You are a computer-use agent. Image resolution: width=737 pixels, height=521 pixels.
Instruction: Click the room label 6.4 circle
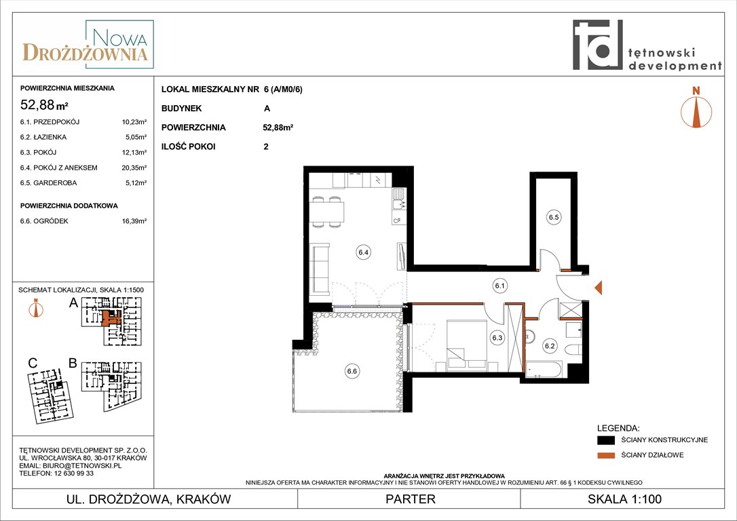(363, 252)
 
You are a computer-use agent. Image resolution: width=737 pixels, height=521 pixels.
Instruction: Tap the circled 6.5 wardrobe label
(554, 217)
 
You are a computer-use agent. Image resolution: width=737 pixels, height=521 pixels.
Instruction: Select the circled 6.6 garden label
(352, 371)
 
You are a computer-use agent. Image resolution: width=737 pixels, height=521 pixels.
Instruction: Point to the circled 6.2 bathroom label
(550, 346)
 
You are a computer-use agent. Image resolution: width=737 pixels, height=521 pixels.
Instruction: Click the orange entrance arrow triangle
(599, 287)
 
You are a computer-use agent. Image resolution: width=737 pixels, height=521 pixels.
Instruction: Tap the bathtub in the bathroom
(544, 369)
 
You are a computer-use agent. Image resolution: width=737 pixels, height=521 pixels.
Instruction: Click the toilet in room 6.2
(574, 350)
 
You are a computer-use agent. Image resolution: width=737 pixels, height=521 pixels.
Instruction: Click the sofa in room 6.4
(319, 269)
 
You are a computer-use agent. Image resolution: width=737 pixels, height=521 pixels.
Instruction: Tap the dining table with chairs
(327, 212)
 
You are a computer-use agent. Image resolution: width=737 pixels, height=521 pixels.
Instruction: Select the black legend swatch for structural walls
(606, 440)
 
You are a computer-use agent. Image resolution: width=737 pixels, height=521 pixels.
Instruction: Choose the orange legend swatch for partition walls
(606, 455)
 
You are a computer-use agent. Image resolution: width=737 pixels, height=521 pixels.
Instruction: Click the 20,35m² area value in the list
(134, 168)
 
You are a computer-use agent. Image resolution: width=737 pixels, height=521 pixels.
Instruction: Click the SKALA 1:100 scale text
(624, 499)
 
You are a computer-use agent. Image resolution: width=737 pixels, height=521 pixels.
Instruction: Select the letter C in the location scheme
(33, 363)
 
